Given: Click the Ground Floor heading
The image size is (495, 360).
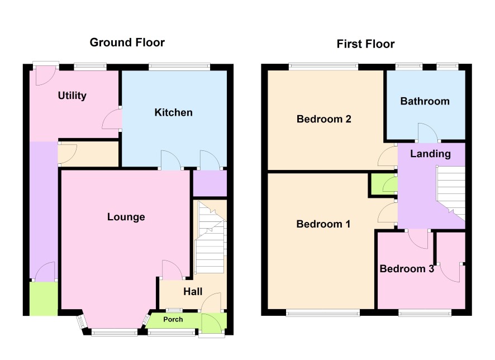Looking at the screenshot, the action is tap(127, 42).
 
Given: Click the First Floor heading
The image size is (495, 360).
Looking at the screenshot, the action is tap(365, 44).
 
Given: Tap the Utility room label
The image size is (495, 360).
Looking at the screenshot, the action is tap(72, 96).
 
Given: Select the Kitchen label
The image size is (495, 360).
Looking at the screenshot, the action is tap(173, 112).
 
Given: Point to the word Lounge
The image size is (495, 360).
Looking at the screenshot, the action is tap(126, 217).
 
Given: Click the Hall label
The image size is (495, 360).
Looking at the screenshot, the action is tap(193, 291).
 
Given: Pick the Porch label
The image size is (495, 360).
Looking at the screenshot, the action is tap(173, 319).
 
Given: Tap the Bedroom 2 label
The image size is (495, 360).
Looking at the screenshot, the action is tap(324, 119).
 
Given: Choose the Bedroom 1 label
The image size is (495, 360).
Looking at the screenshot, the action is tap(323, 224).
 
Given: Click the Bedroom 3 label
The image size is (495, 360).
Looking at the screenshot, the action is tap(407, 269).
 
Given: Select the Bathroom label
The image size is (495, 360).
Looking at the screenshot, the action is tap(425, 101).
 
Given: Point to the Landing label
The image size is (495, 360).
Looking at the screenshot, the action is tap(430, 154).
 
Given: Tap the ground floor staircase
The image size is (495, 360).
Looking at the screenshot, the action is tap(211, 238).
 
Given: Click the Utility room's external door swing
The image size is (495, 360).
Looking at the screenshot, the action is tap(45, 76).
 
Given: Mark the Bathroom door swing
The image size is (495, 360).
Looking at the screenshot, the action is tap(428, 132).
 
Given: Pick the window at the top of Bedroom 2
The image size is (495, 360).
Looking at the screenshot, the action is tap(323, 67).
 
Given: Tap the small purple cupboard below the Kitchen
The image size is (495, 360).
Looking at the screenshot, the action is tap(210, 183).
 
